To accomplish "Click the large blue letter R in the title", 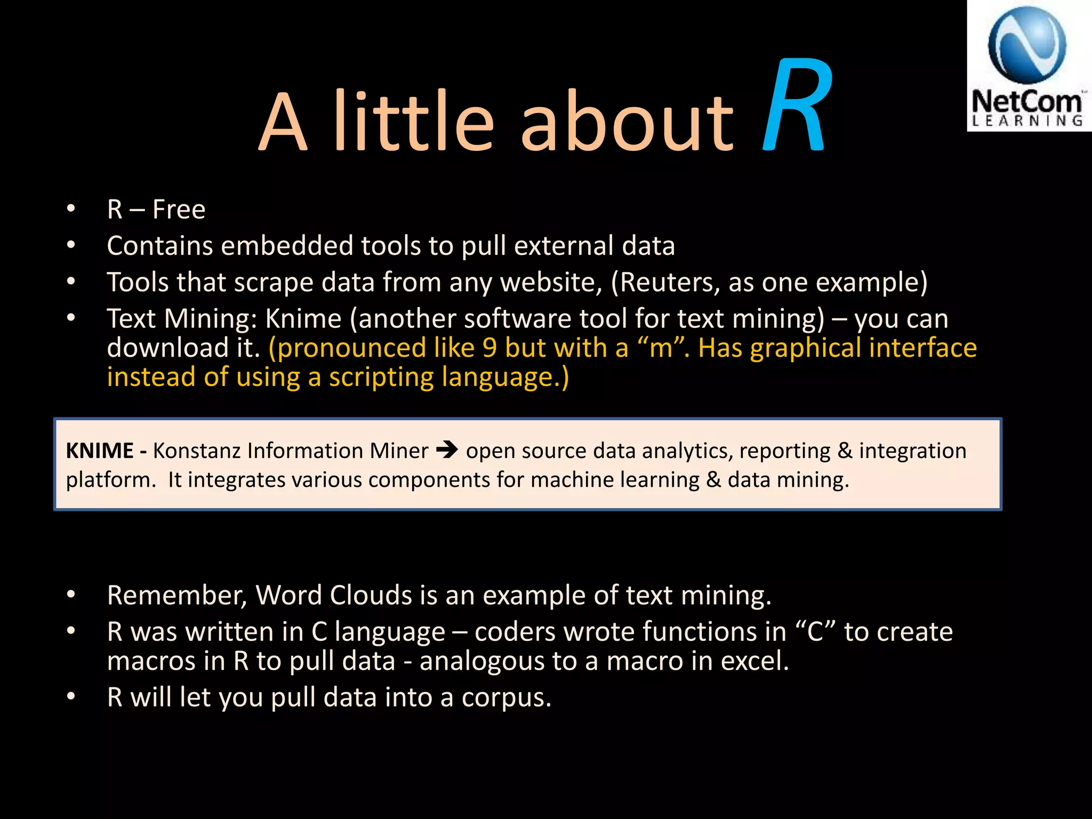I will pyautogui.click(x=796, y=107).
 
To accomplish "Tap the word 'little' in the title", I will pyautogui.click(x=414, y=123).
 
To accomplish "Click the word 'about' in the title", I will pyautogui.click(x=627, y=123).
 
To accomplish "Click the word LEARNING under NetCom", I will pyautogui.click(x=1027, y=121).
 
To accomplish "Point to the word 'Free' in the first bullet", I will pyautogui.click(x=179, y=209).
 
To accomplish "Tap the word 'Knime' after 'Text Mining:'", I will pyautogui.click(x=303, y=319).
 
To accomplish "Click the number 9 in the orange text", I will pyautogui.click(x=489, y=348).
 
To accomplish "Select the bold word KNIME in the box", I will pyautogui.click(x=100, y=451).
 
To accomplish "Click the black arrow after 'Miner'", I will pyautogui.click(x=447, y=451).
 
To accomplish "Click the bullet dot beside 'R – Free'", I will pyautogui.click(x=71, y=209).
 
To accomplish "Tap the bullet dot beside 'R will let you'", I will pyautogui.click(x=71, y=697).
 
